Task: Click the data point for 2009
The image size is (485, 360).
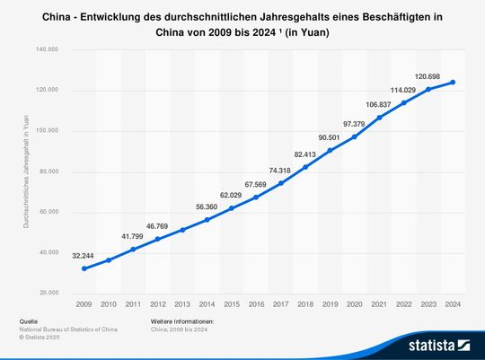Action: click(x=84, y=268)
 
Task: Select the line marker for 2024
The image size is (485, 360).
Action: click(x=453, y=83)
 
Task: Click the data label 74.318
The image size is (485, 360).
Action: click(x=281, y=170)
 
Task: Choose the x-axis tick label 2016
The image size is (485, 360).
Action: click(x=256, y=304)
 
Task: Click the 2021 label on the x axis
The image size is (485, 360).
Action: click(x=379, y=304)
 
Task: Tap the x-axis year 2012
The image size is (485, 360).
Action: click(x=158, y=304)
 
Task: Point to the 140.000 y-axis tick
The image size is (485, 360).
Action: click(x=47, y=49)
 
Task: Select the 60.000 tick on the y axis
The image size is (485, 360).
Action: click(x=48, y=212)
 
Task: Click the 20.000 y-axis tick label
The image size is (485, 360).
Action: click(x=48, y=294)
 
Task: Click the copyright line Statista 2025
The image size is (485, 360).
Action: click(x=40, y=338)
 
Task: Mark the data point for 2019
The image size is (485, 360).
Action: click(x=330, y=150)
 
